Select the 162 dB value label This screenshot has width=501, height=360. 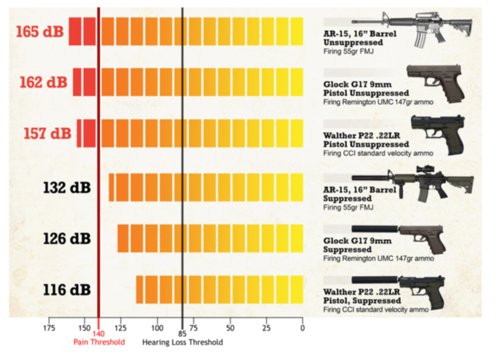click(x=43, y=83)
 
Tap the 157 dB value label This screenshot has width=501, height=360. click(x=47, y=133)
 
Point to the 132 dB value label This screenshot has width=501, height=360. click(x=67, y=188)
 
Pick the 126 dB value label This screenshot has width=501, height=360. click(x=67, y=239)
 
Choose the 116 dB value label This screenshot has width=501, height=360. click(x=67, y=290)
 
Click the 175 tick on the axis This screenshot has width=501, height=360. click(x=49, y=328)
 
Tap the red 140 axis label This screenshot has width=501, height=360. click(x=99, y=333)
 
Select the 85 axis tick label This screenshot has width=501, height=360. click(x=182, y=333)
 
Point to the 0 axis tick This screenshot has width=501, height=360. click(x=303, y=328)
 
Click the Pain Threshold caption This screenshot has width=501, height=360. click(x=99, y=342)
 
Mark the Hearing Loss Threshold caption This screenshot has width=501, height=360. click(x=182, y=342)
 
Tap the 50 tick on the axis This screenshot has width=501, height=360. click(x=230, y=328)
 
